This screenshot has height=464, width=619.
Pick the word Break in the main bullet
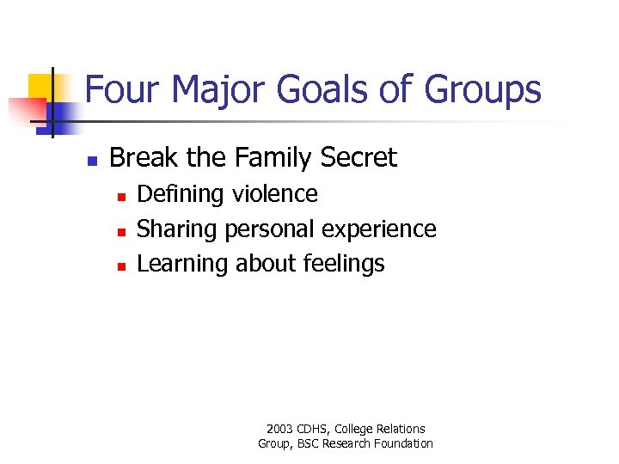point(142,157)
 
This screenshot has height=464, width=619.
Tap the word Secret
point(359,157)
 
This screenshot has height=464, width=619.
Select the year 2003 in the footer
point(280,429)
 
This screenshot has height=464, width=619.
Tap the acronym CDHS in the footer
point(314,429)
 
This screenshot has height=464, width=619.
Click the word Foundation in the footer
point(404,443)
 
